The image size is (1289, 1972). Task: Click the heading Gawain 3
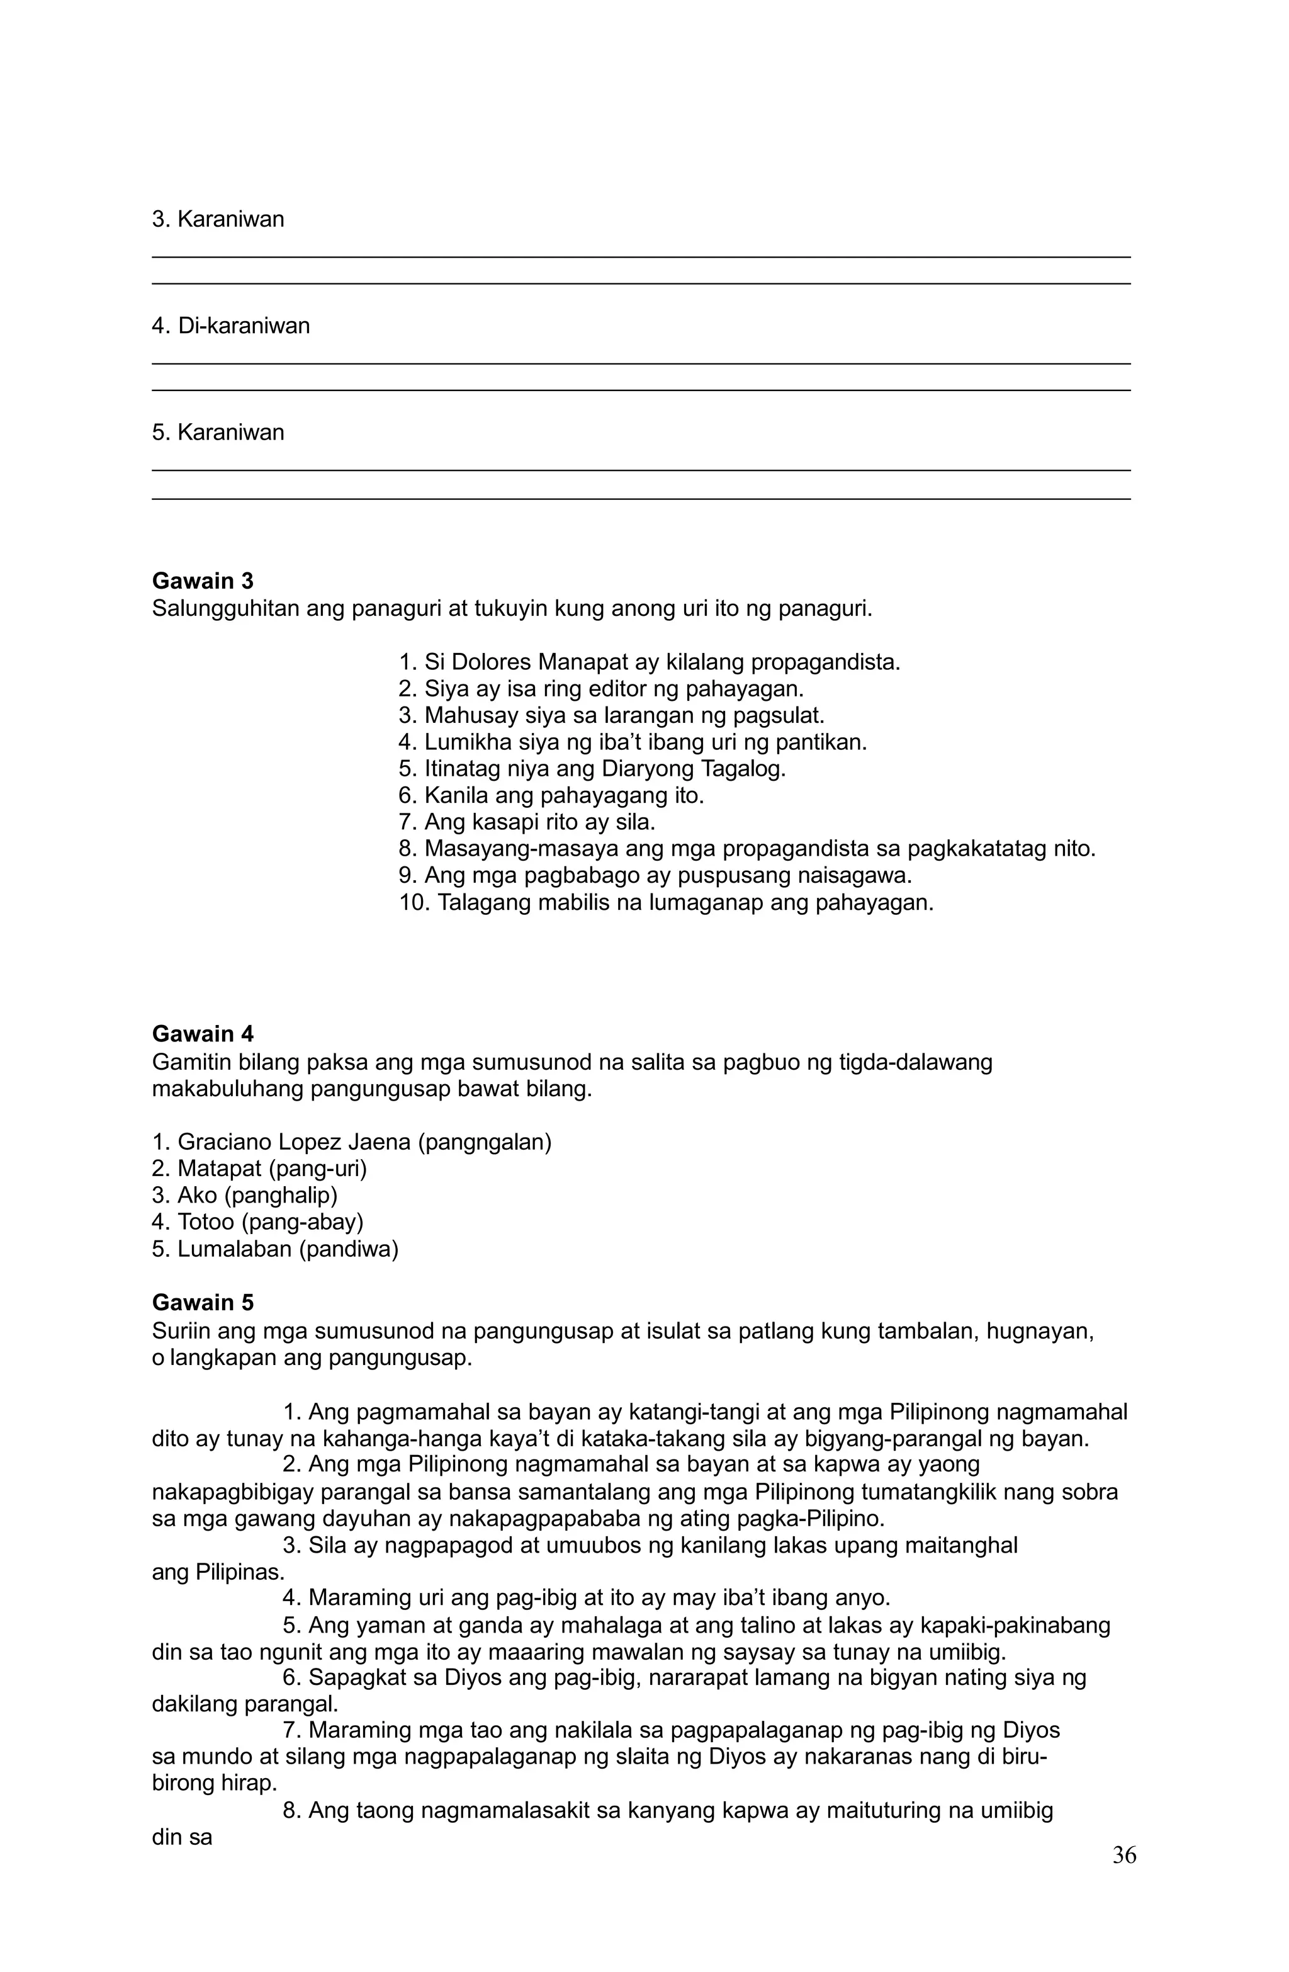[202, 581]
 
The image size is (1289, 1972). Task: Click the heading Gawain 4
[202, 1033]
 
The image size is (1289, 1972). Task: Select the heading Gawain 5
[202, 1303]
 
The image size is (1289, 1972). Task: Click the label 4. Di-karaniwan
[230, 326]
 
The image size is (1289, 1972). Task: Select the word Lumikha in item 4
[464, 742]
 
